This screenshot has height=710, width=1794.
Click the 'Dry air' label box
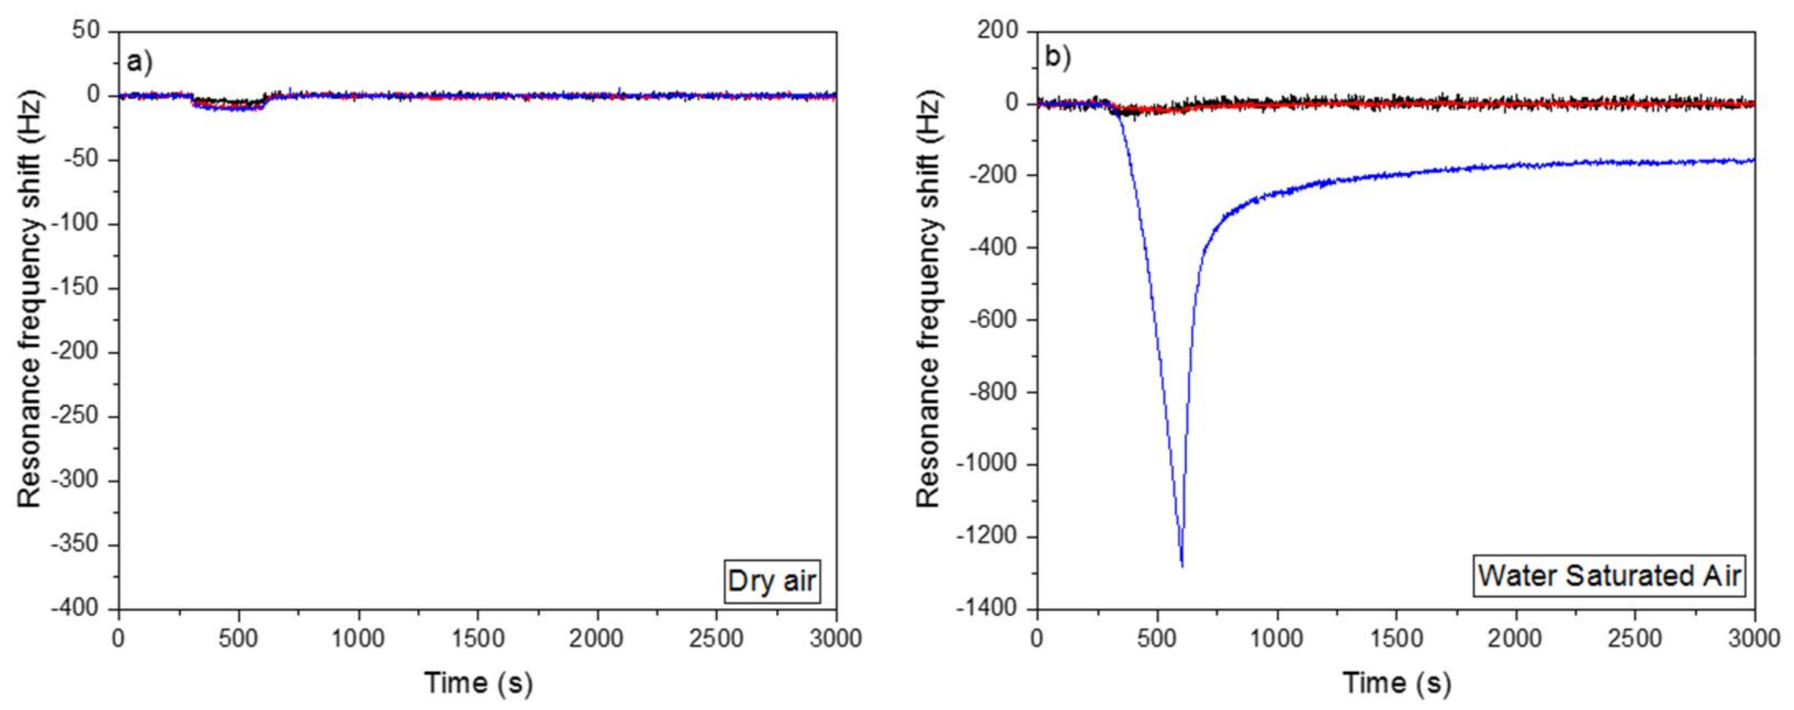[771, 580]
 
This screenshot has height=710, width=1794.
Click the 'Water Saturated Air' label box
[1609, 576]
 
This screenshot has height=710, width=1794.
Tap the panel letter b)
[1057, 57]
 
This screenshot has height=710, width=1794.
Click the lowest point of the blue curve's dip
[1182, 565]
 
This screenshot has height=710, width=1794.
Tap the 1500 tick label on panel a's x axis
[478, 638]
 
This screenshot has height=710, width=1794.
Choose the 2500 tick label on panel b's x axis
[1635, 638]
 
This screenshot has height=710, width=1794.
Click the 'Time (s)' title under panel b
[1397, 683]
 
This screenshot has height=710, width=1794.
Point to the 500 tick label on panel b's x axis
[1158, 638]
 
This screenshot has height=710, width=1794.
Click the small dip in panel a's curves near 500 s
[239, 107]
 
